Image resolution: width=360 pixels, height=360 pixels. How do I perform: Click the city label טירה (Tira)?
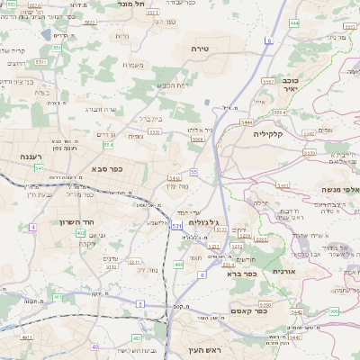[x=200, y=49]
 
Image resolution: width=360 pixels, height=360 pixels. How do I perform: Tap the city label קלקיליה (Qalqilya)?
[x=268, y=134]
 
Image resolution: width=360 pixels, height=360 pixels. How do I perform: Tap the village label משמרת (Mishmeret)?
[x=133, y=64]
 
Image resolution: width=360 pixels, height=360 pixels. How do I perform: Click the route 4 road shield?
[x=32, y=227]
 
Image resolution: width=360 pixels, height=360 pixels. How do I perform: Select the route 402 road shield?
[x=81, y=233]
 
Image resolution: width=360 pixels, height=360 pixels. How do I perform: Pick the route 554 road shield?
[x=107, y=144]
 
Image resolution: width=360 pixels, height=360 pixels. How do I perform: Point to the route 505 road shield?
[x=334, y=311]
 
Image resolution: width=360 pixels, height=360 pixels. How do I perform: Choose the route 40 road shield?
[x=94, y=346]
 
